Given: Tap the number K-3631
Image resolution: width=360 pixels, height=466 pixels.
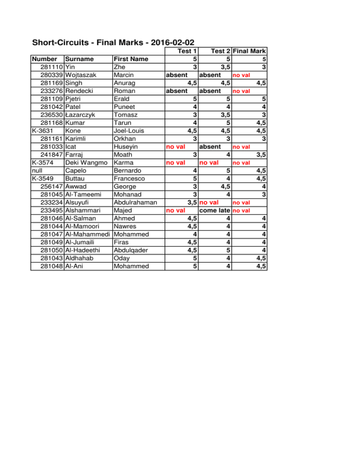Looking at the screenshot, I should (x=41, y=130).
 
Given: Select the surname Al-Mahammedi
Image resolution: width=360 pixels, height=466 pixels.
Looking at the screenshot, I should (x=88, y=234).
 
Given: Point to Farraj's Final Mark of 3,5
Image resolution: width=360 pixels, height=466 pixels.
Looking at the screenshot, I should (x=261, y=154).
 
